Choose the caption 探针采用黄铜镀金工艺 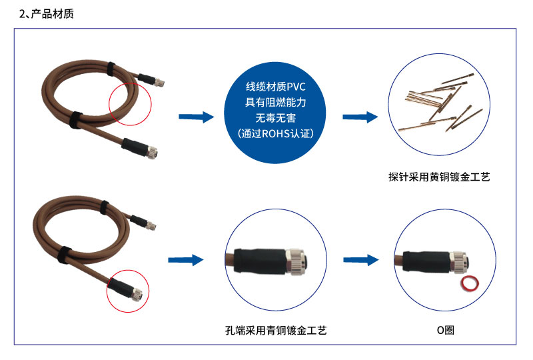tap(439, 177)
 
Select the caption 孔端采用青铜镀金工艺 tap(276, 331)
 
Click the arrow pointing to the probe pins tap(360, 117)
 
